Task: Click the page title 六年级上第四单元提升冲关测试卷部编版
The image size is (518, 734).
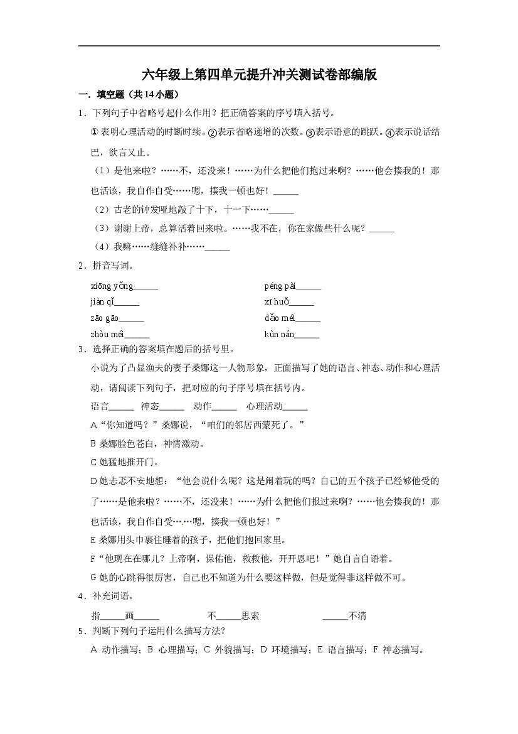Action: pos(259,75)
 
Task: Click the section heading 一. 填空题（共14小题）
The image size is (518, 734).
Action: pos(129,95)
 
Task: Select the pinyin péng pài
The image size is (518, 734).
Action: pos(280,286)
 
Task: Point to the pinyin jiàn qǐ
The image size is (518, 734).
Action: pos(102,302)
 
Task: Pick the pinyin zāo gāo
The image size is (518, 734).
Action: pos(105,318)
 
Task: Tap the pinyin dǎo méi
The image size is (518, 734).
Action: pos(280,318)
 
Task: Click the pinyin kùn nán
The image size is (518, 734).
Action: pos(279,334)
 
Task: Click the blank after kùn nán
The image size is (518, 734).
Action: pos(307,334)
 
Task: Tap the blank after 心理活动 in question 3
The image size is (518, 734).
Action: pos(295,406)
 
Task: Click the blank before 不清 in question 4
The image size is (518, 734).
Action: pos(336,616)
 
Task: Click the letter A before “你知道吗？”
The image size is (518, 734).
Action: pos(94,425)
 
